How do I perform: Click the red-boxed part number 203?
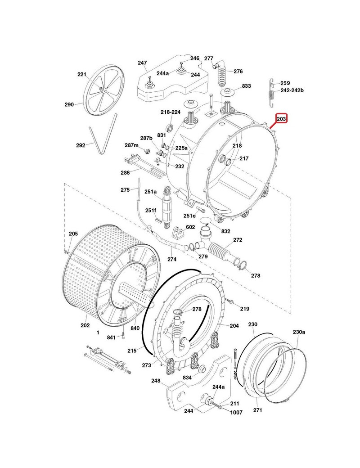[281, 119]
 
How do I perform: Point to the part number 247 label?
[142, 63]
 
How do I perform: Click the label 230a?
[299, 332]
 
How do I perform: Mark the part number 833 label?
[246, 86]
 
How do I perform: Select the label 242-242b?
[292, 90]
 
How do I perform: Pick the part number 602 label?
[191, 227]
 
